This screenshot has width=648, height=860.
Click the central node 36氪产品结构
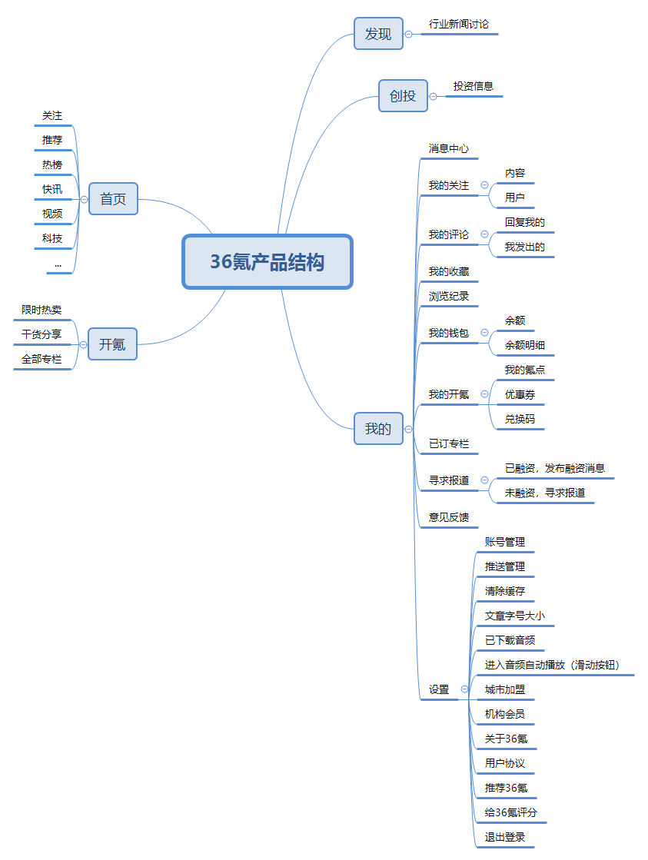tap(267, 262)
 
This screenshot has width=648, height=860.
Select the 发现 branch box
tap(378, 34)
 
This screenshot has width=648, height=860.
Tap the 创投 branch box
tap(403, 96)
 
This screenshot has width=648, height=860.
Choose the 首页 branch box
tap(113, 199)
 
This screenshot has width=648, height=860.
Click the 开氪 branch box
tap(112, 344)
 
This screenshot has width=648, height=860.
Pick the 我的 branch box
tap(378, 429)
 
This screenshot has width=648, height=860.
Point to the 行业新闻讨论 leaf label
tap(458, 25)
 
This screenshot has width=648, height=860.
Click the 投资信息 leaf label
tap(474, 87)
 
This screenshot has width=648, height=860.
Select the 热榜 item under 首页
tap(52, 164)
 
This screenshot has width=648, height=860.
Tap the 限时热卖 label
tap(42, 310)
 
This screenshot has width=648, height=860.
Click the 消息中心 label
tap(449, 148)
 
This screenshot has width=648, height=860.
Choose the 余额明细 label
tap(525, 345)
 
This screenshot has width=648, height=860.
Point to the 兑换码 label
tap(520, 419)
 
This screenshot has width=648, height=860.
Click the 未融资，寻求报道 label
tap(545, 493)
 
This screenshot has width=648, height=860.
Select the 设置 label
tap(439, 689)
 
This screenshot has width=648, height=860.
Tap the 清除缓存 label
tap(505, 591)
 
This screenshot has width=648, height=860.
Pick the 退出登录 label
tap(505, 837)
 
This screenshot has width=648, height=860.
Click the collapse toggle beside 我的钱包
tap(485, 333)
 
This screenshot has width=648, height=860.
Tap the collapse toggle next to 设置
tap(464, 689)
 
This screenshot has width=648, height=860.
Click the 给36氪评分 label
tap(511, 812)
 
